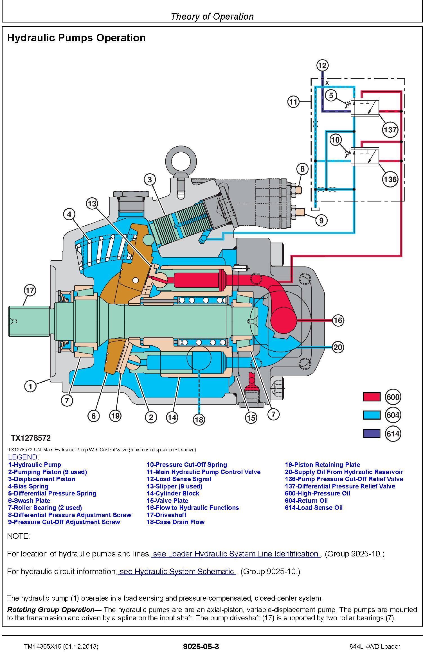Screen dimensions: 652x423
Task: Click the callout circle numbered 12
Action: coord(322,65)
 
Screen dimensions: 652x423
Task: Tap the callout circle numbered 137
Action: coord(390,130)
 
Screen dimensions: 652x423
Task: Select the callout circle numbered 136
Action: coord(390,179)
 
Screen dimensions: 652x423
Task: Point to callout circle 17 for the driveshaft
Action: coord(30,290)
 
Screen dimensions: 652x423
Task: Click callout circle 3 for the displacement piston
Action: coord(150,179)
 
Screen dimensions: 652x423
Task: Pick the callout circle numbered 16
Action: coord(337,320)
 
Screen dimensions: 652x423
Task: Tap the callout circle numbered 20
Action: coord(337,347)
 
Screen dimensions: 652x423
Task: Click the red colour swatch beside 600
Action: coord(372,397)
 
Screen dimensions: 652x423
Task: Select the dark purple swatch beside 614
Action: coord(372,433)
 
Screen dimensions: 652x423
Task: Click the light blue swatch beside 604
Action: coord(372,415)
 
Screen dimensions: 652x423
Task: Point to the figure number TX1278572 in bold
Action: coord(31,438)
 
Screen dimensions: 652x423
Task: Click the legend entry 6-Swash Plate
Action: coord(29,501)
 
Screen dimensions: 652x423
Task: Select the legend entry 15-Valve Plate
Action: coord(167,501)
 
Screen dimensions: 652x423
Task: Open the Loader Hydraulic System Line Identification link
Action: coord(235,554)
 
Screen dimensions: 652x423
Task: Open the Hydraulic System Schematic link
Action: coord(177,571)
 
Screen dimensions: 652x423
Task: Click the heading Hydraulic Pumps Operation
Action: coord(76,38)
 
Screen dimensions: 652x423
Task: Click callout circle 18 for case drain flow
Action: coord(199,420)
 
